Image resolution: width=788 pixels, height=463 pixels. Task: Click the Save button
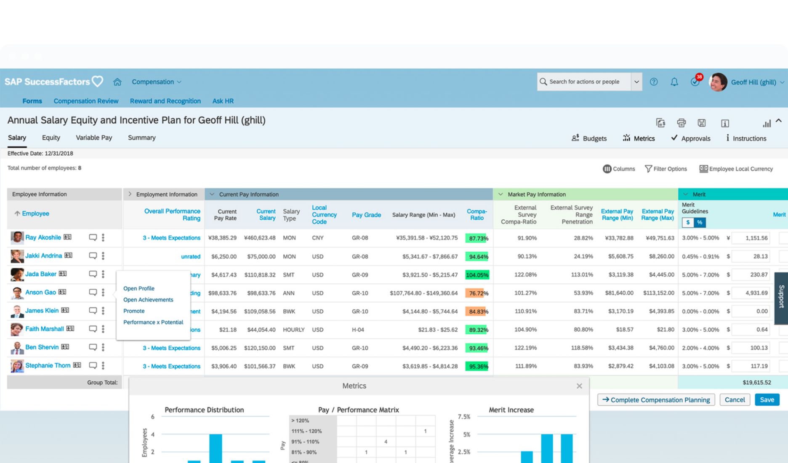coord(767,400)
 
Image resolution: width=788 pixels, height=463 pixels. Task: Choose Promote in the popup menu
coord(134,311)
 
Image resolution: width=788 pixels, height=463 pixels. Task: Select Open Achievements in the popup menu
coord(148,300)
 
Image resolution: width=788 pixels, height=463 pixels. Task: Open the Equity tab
coord(51,138)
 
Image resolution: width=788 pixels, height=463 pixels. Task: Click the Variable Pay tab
coord(94,138)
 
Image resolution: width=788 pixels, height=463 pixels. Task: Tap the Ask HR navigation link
coord(223,101)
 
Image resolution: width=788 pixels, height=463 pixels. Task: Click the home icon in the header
coord(117,82)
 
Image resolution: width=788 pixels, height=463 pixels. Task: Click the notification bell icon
coord(674,82)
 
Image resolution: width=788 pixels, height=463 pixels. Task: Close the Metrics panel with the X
coord(579,386)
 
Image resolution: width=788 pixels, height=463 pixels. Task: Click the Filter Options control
coord(666,169)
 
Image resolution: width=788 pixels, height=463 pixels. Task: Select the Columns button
coord(619,169)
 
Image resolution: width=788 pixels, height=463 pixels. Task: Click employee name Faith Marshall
coord(45,329)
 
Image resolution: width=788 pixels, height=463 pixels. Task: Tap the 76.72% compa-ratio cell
coord(477,293)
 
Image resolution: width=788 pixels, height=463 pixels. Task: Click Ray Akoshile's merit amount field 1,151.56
coord(751,238)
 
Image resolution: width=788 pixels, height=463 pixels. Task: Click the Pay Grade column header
coord(366,215)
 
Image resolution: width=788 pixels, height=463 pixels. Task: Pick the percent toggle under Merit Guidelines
coord(700,222)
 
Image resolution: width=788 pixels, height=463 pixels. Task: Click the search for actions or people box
coord(584,82)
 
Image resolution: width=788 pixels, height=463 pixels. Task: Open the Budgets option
coord(589,138)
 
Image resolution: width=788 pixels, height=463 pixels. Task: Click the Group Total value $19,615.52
coord(756,383)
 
